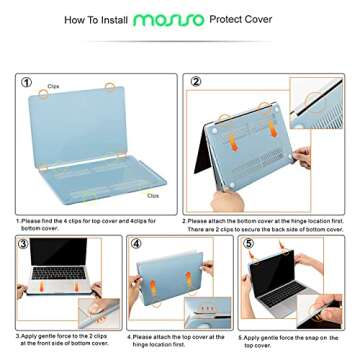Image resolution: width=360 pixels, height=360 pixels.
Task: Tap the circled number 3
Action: [23, 244]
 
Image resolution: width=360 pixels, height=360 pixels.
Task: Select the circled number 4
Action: [137, 244]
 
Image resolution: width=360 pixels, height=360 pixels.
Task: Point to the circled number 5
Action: [249, 244]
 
